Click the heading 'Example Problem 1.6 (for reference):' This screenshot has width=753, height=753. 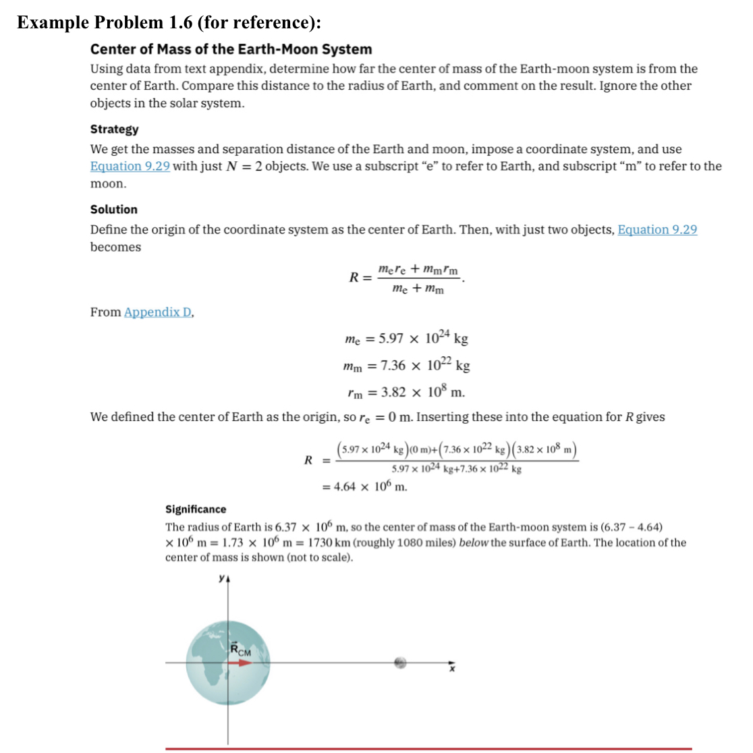tap(169, 22)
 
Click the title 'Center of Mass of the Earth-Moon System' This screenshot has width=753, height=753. tap(231, 49)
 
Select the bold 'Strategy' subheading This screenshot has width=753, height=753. tap(114, 129)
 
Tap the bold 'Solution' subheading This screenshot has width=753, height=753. tap(113, 209)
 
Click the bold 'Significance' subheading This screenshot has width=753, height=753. tap(196, 509)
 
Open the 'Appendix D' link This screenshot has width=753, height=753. tap(158, 312)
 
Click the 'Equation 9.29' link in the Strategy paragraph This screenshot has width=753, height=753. tap(130, 166)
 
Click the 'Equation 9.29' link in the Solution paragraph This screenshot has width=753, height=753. tap(657, 229)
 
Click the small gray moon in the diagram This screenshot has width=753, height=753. tap(401, 663)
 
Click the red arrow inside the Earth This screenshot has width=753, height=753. tap(240, 663)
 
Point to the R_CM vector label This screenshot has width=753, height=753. tap(240, 650)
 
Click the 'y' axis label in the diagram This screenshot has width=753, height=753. tap(221, 578)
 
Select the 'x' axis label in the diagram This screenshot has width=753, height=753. tap(453, 669)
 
